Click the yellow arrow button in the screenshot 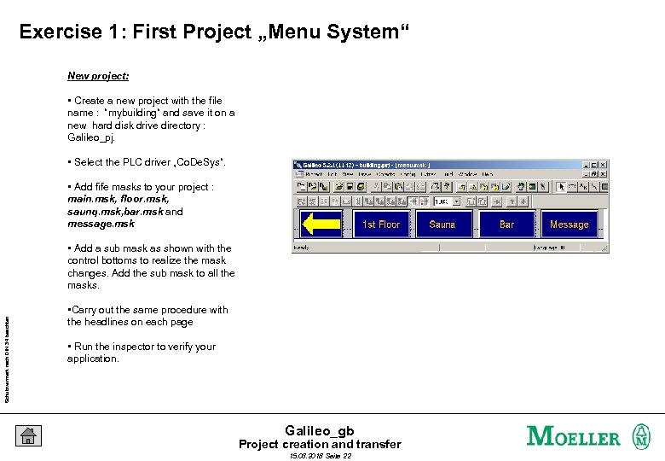click(321, 224)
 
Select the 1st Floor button click(381, 225)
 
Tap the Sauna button click(442, 225)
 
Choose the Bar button click(506, 225)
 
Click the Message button click(569, 225)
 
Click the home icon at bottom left click(28, 435)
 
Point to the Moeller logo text click(574, 436)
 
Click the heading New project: click(98, 76)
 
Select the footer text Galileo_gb click(319, 430)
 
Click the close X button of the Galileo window click(604, 165)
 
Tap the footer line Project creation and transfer click(319, 444)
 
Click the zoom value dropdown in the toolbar click(447, 201)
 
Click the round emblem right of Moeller click(640, 436)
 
